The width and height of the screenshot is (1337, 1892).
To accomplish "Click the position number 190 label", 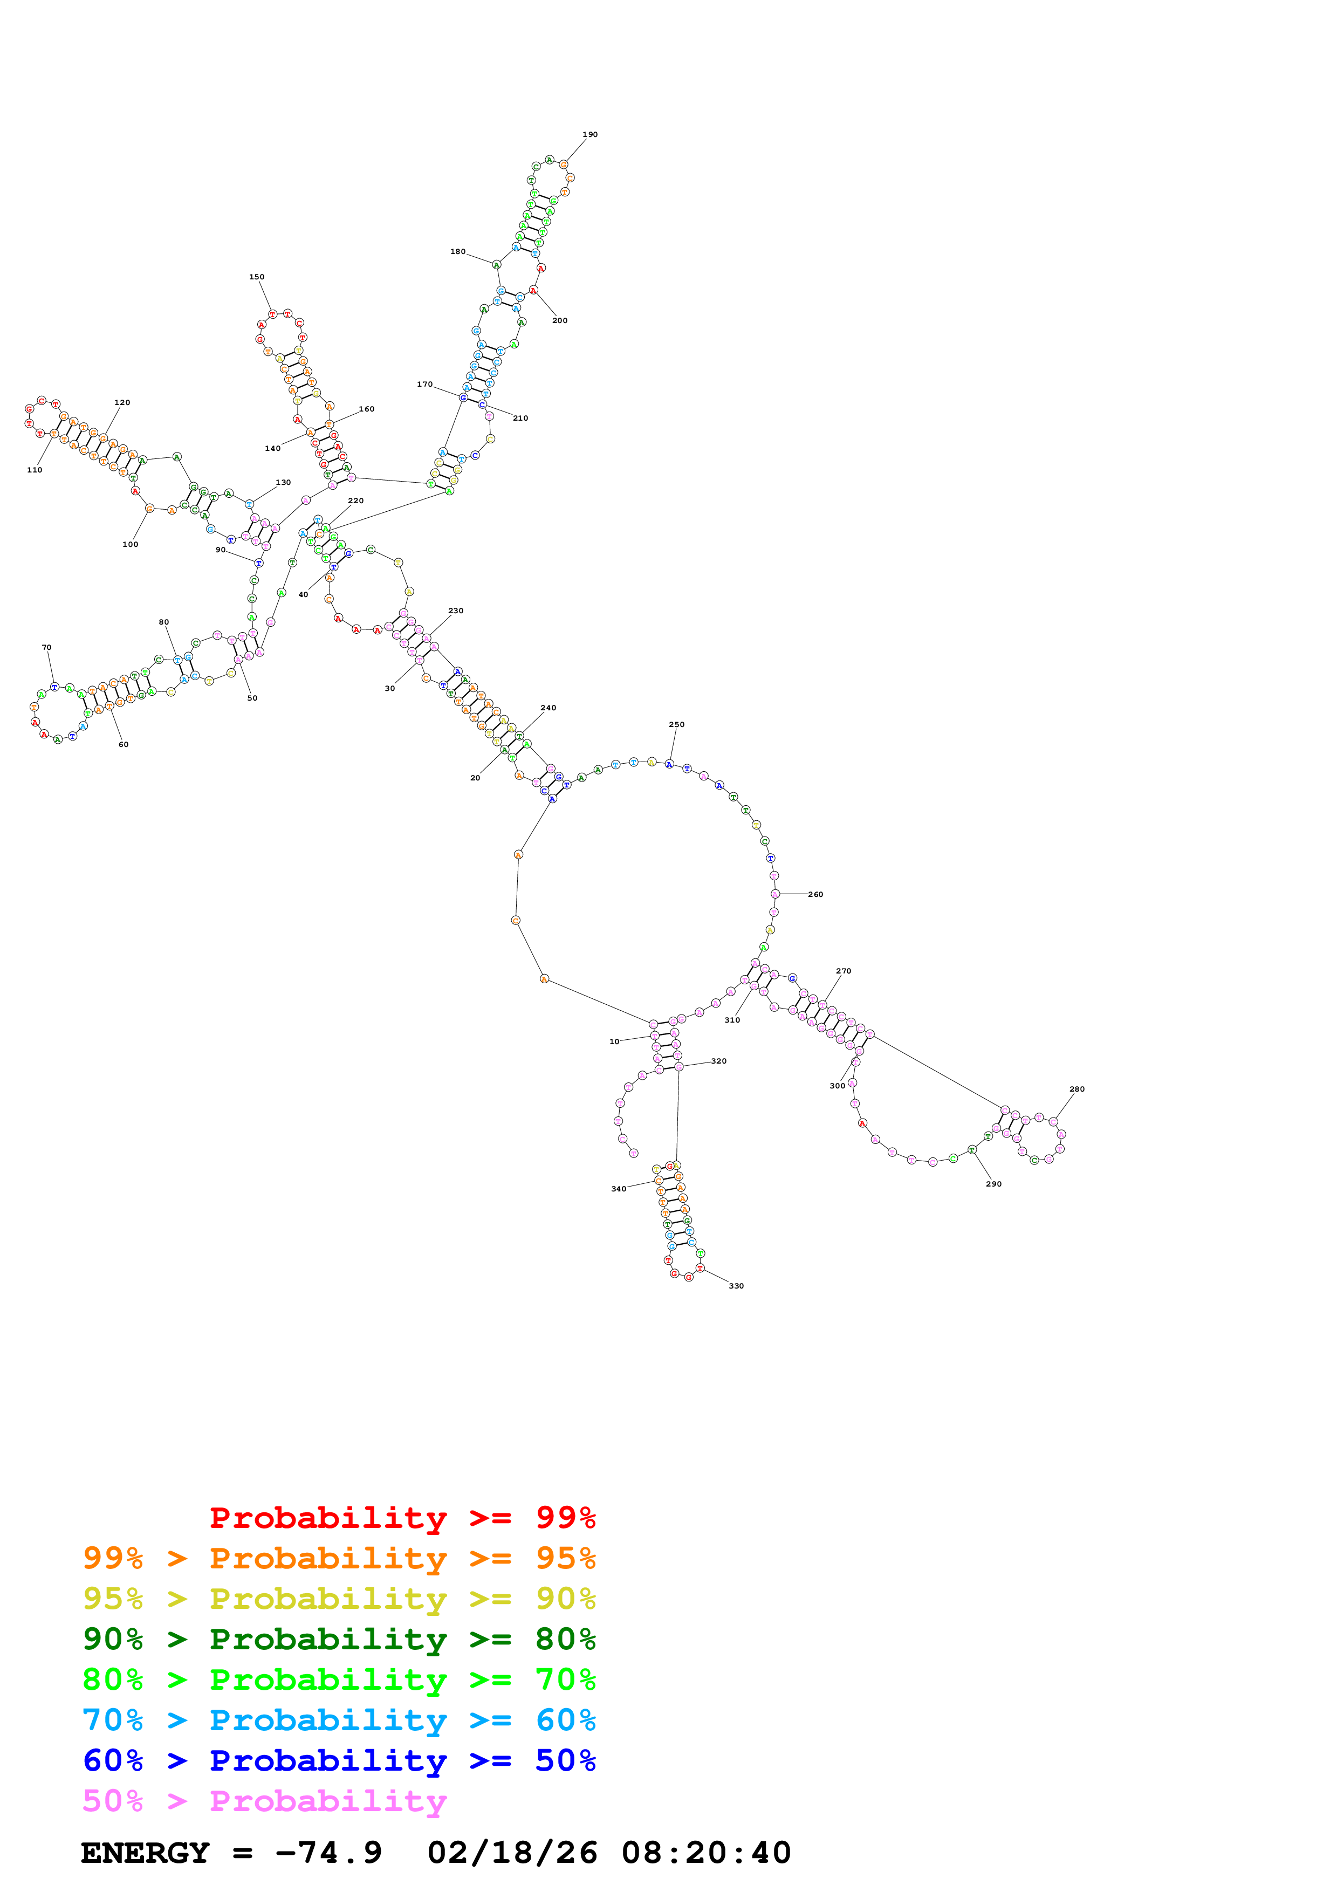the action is [590, 134].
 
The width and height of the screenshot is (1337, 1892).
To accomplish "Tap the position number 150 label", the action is [257, 277].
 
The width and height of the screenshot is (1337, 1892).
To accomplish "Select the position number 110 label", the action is [35, 470].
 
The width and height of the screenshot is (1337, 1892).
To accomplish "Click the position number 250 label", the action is [676, 724].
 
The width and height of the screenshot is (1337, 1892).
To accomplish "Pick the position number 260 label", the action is [815, 894].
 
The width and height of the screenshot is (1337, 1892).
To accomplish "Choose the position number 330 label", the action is [737, 1285].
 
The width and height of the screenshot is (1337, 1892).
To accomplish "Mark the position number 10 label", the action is [614, 1041].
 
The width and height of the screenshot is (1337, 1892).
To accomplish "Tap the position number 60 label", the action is [124, 744].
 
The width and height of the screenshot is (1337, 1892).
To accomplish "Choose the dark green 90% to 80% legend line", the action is [339, 1639].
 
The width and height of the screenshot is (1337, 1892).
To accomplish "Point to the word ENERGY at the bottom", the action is [145, 1853].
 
